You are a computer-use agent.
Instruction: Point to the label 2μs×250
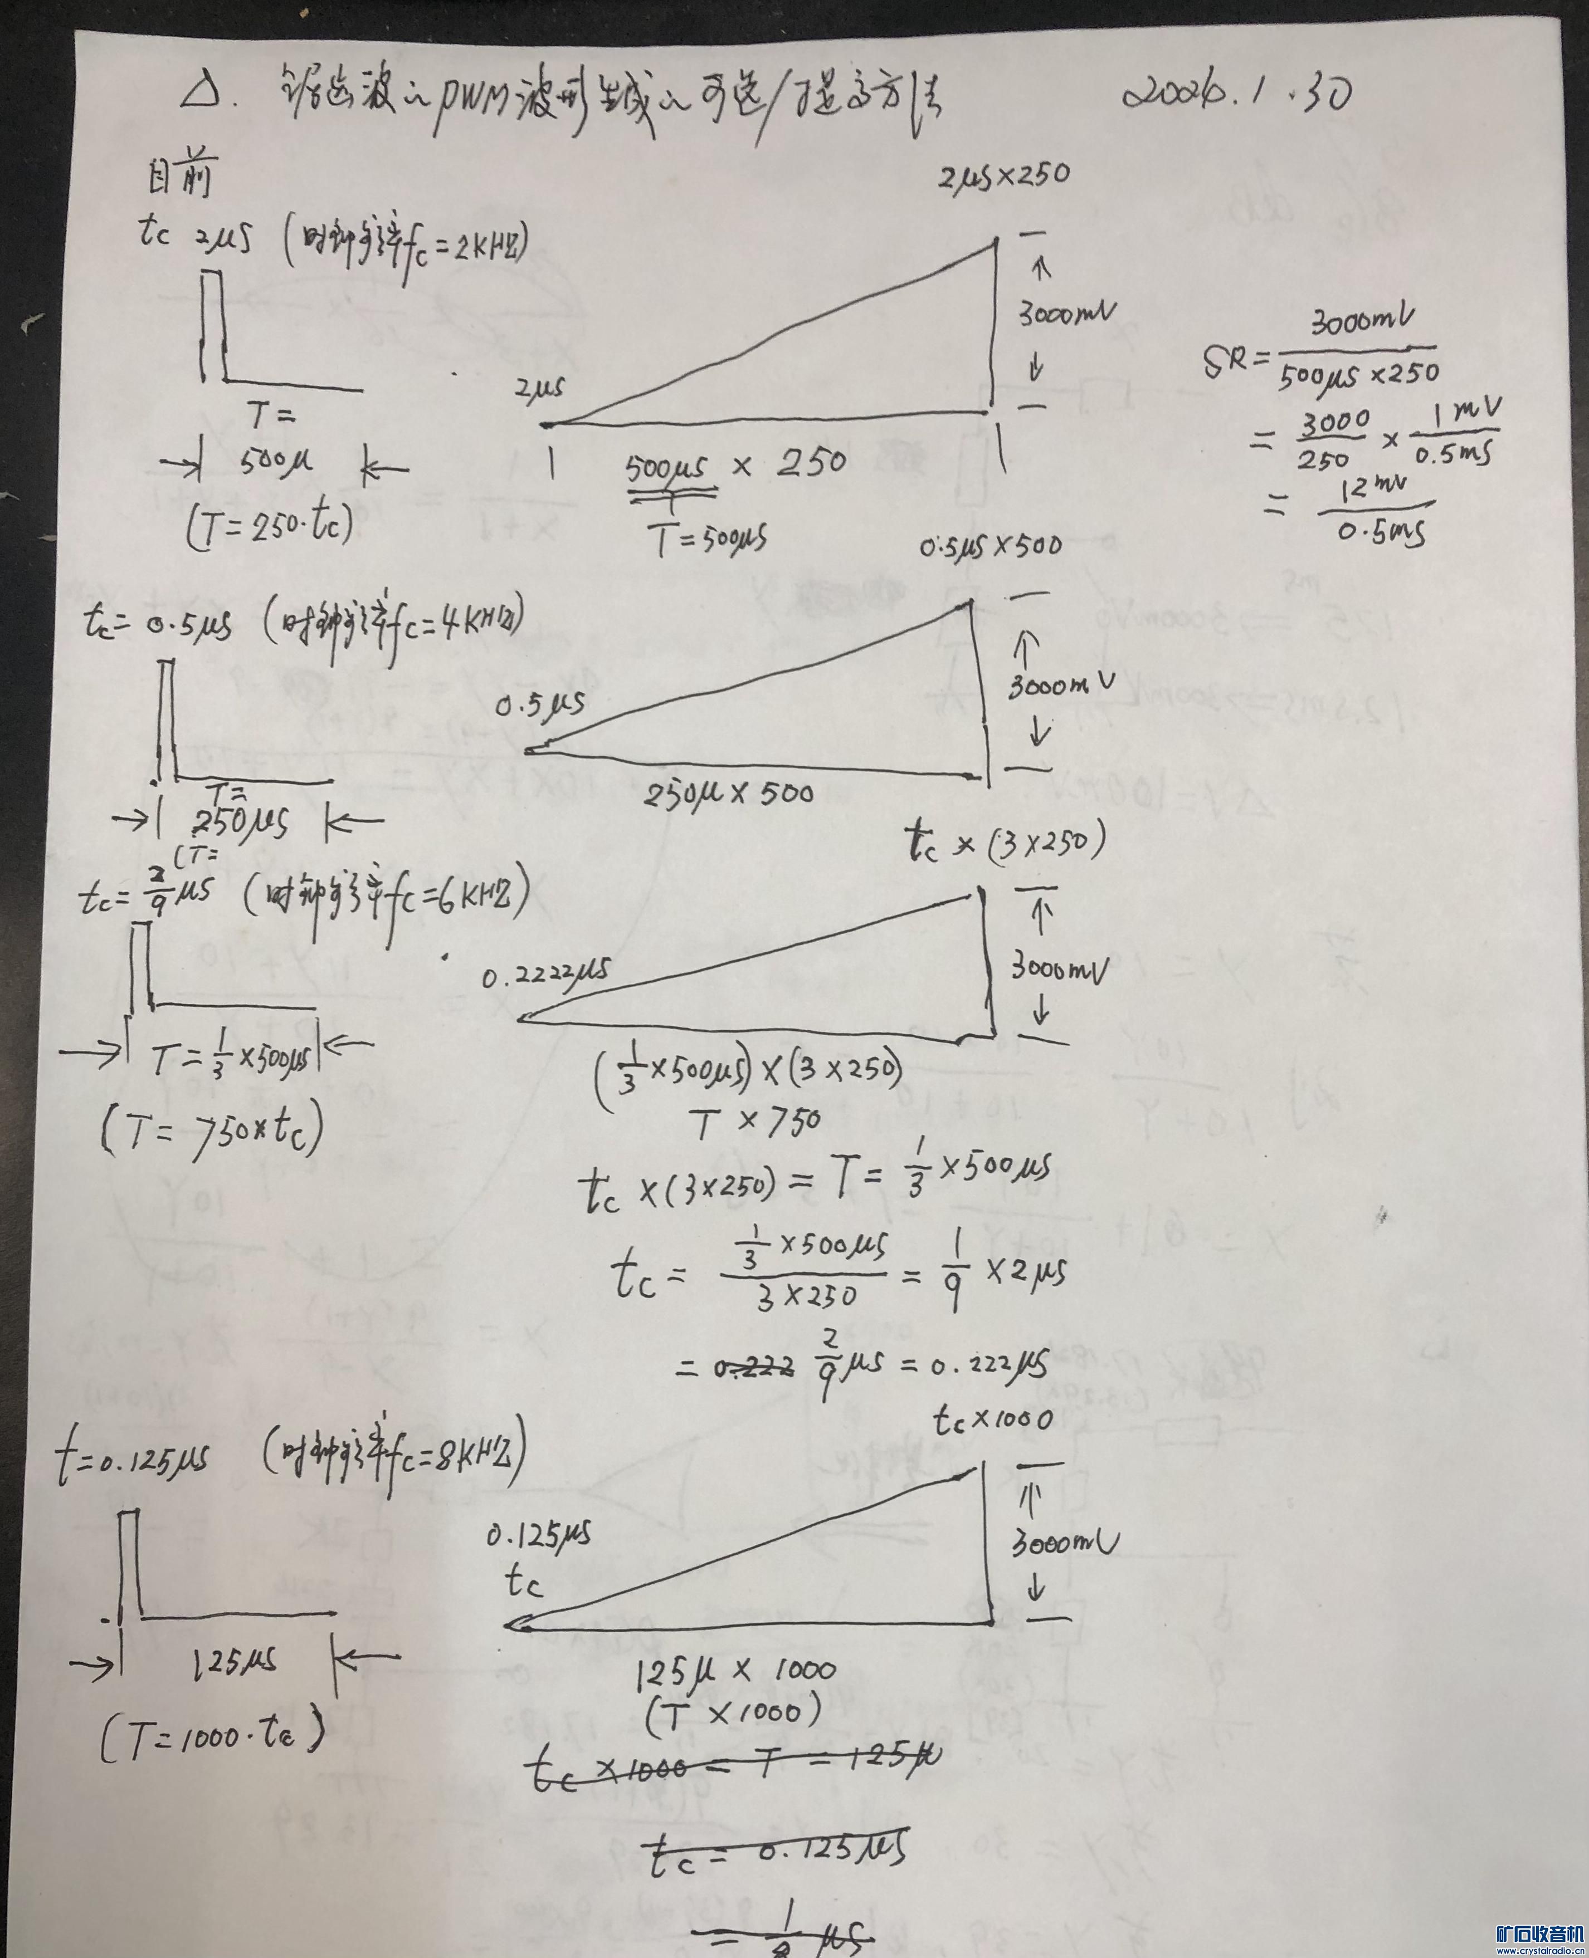tap(1004, 175)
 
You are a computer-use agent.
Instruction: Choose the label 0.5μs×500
tap(991, 546)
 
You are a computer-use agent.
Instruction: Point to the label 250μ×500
tap(729, 792)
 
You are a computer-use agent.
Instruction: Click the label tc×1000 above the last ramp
tap(992, 1421)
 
